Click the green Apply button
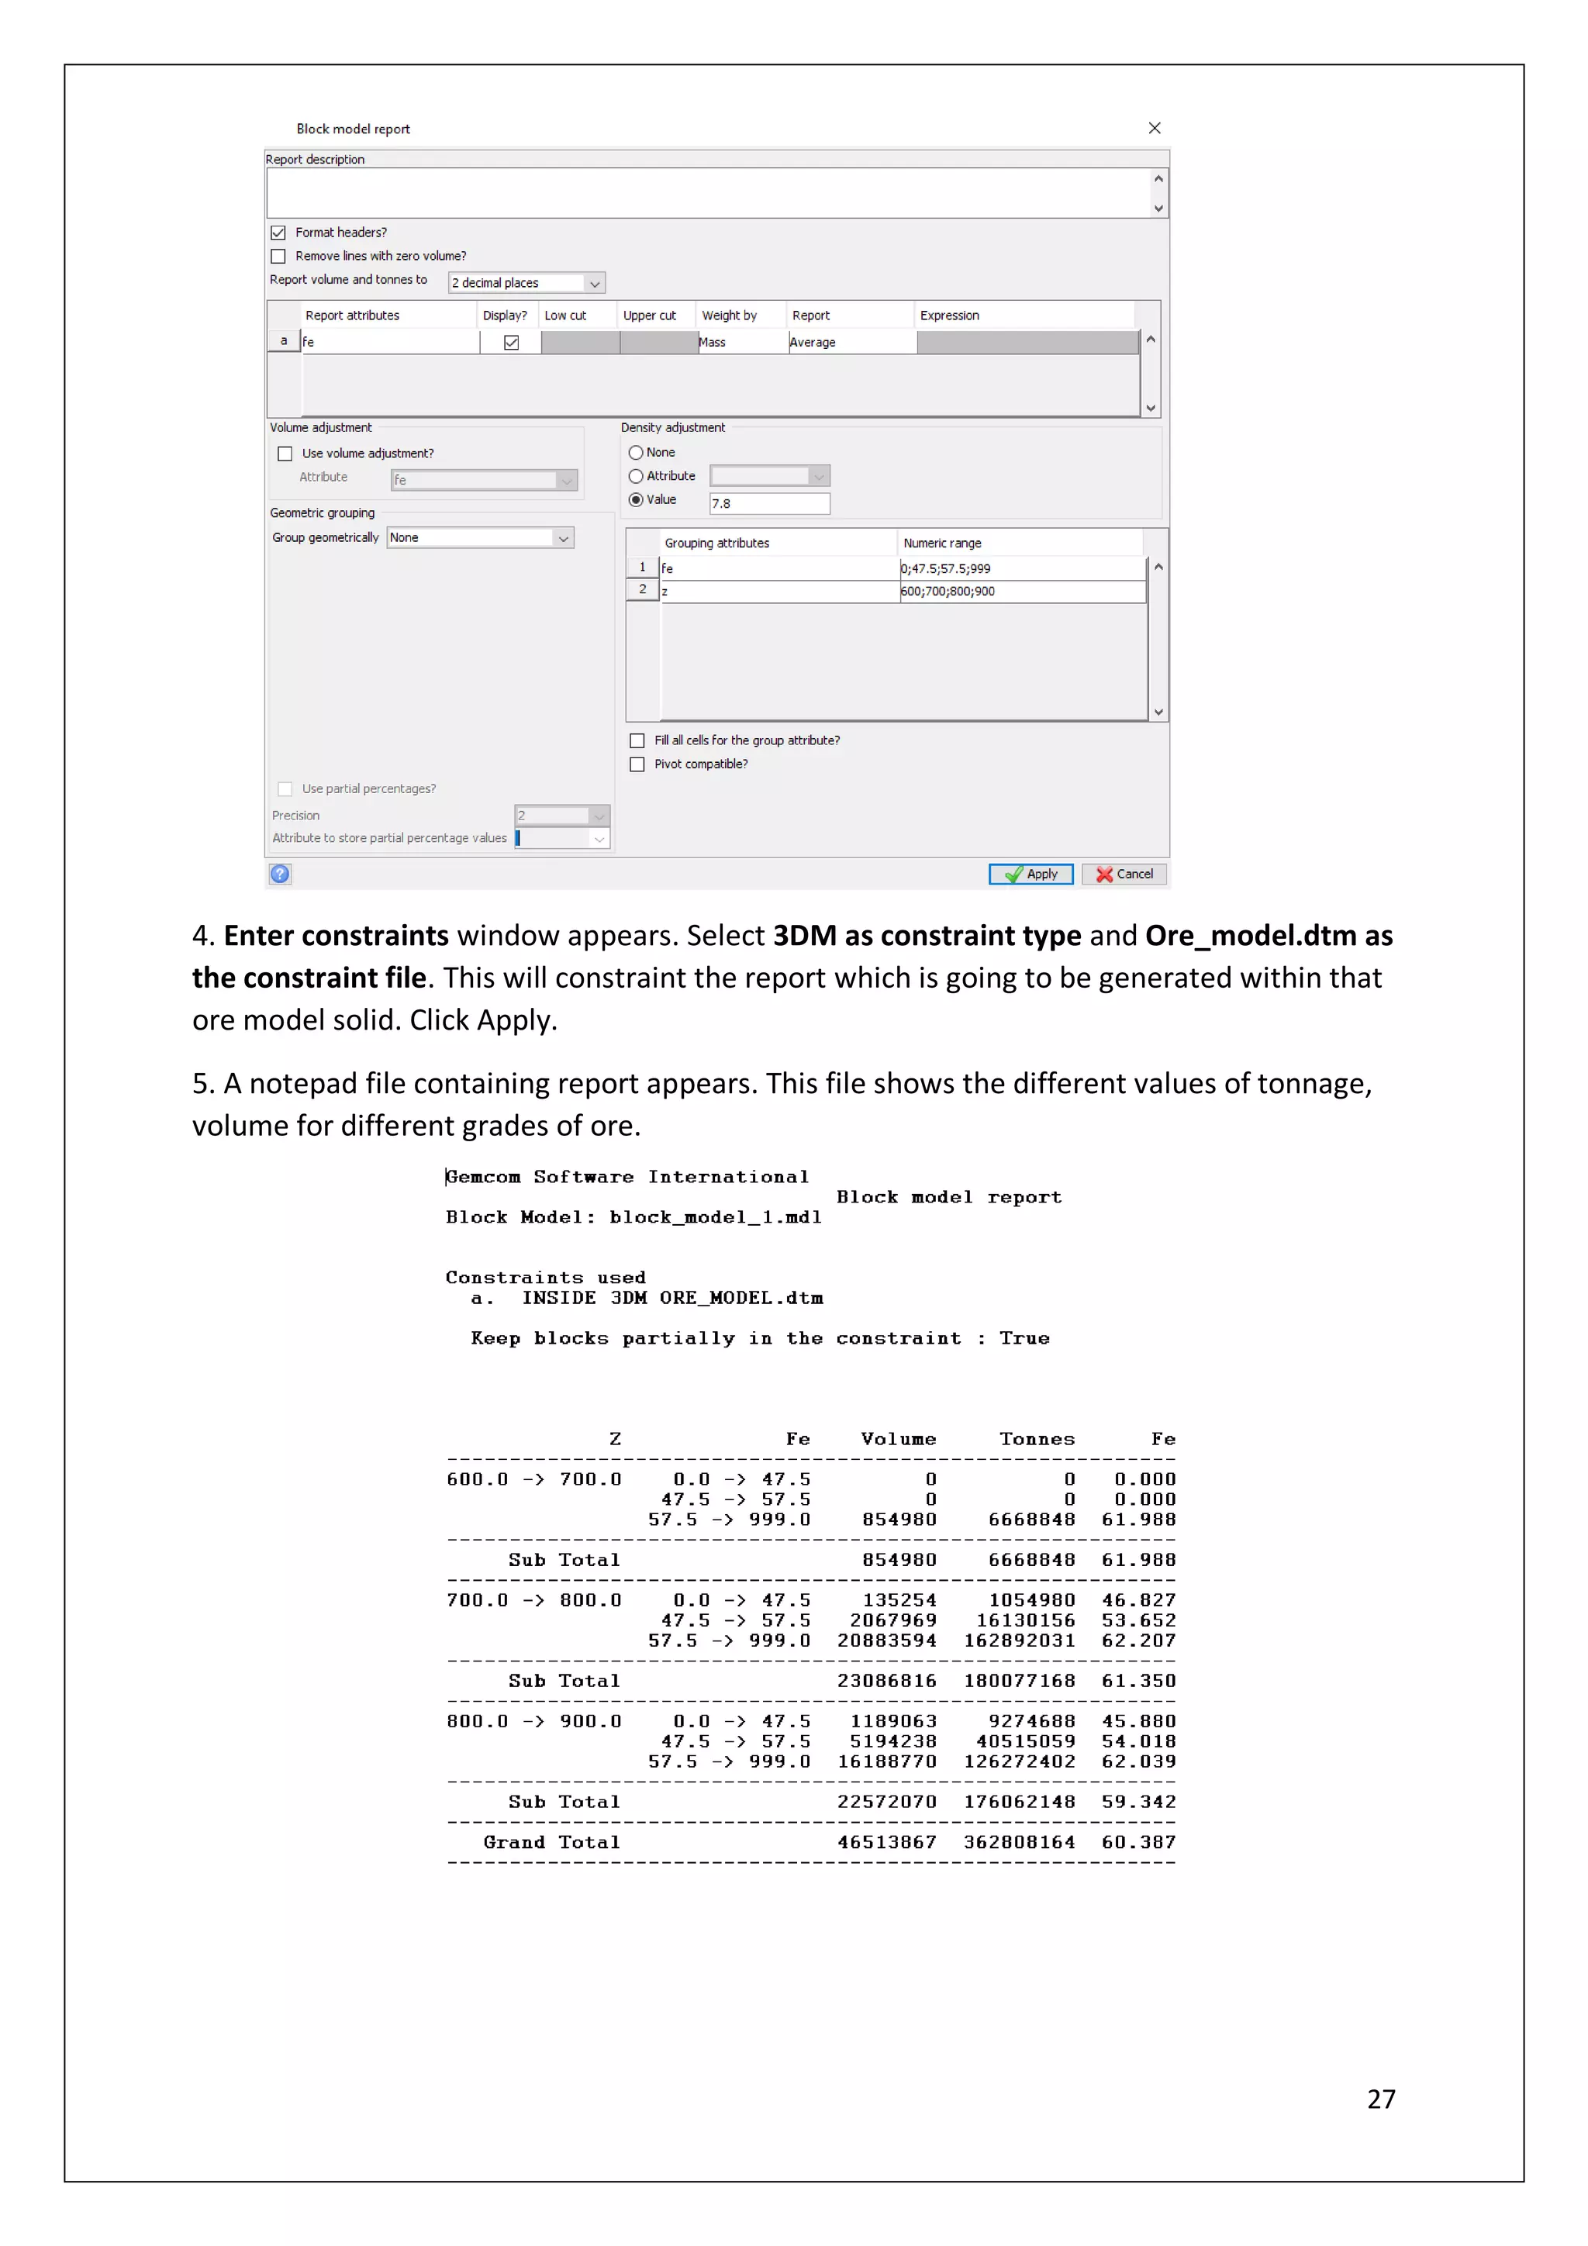(x=1030, y=874)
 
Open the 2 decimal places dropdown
(x=526, y=283)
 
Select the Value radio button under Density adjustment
(x=636, y=500)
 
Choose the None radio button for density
(x=636, y=453)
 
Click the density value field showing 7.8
(x=769, y=504)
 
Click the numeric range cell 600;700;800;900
(x=1021, y=591)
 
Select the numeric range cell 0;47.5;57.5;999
(x=1021, y=568)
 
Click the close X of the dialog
(x=1155, y=128)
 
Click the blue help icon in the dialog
(x=280, y=874)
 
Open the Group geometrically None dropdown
(x=479, y=538)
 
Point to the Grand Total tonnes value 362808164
(x=1019, y=1842)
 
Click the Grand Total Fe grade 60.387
(x=1138, y=1842)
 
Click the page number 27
(x=1380, y=2099)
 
